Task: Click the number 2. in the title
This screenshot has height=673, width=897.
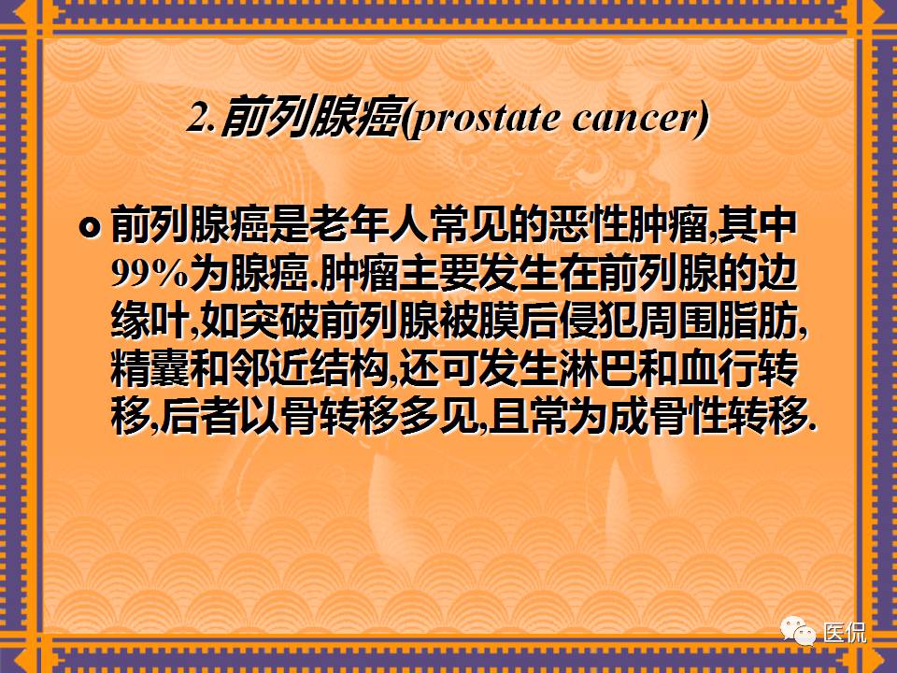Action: [203, 119]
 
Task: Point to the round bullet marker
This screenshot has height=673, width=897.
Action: [90, 227]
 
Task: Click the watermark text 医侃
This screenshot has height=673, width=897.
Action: [845, 633]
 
